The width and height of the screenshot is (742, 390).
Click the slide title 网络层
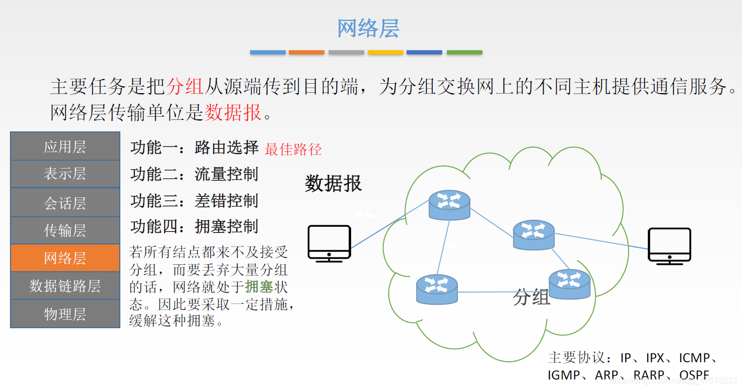coord(368,28)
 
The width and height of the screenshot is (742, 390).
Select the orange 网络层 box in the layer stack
coord(65,258)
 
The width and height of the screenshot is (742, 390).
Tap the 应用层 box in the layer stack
coord(65,147)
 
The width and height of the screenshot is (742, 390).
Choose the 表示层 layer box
coord(65,174)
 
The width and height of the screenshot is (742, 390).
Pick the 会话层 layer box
coord(65,203)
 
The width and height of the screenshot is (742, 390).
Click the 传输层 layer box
coord(65,230)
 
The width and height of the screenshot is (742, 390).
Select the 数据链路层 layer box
coord(65,286)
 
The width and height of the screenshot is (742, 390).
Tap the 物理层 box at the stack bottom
coord(65,314)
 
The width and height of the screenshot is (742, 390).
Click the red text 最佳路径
coord(293,150)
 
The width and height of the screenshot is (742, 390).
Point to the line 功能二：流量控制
coord(194,174)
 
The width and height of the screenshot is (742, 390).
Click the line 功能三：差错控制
coord(194,200)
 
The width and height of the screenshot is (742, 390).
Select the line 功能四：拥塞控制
coord(194,227)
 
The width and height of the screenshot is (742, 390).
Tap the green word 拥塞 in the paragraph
coord(259,287)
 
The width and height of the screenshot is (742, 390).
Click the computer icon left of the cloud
coord(329,243)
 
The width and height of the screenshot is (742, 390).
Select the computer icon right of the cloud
coord(669,246)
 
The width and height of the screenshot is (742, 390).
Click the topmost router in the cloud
coord(449,205)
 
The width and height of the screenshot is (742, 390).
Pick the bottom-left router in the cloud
coord(437,289)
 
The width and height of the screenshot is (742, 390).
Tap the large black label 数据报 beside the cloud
coord(333,184)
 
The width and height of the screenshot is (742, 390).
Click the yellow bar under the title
coord(386,52)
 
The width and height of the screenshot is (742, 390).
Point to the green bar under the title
coord(464,52)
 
